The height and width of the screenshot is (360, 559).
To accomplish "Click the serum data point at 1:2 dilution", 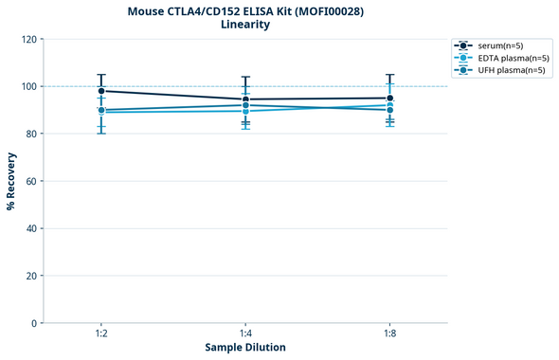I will click(101, 91).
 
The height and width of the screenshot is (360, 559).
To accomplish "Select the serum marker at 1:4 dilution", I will click(245, 99).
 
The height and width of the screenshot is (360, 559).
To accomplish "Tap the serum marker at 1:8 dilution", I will click(389, 99).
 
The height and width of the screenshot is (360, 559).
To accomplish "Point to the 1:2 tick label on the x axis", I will click(101, 334).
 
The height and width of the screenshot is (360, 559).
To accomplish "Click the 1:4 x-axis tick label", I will click(245, 334).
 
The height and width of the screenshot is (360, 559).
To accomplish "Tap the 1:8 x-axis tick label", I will click(389, 334).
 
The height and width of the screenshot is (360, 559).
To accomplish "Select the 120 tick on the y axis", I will click(27, 40).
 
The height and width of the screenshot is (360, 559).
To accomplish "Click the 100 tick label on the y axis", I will click(27, 87).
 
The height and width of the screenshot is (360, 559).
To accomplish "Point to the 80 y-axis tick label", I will click(30, 135).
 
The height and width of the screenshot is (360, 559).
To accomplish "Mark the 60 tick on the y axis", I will click(30, 182).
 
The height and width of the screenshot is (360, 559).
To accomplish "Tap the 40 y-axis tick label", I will click(30, 229).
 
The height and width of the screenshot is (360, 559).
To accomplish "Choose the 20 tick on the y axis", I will click(30, 277).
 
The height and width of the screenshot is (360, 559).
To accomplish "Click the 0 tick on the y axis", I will click(33, 324).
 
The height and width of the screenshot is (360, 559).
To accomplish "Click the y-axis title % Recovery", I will click(11, 181).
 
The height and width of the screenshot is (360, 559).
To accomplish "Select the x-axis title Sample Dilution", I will click(245, 348).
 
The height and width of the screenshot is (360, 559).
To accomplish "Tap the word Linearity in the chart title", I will click(245, 25).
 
